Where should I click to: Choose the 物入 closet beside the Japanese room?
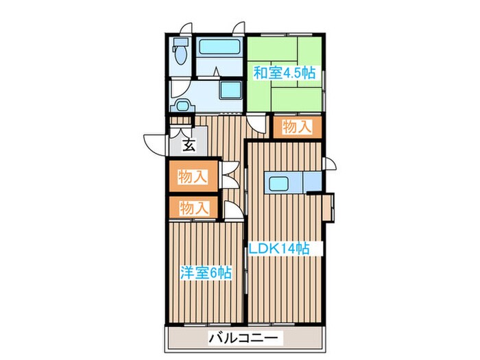pos(297,127)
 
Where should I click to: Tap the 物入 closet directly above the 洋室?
pos(193,206)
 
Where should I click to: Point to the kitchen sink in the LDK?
pos(280,184)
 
